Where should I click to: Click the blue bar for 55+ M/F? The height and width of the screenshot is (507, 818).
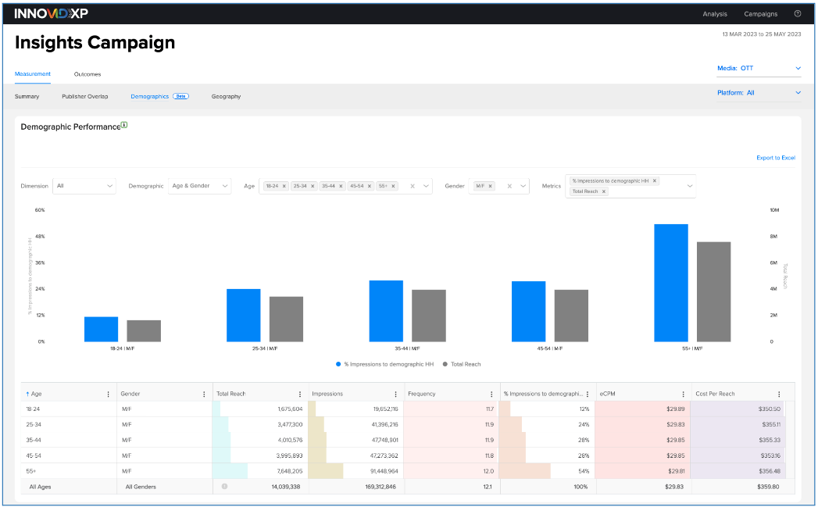(x=671, y=283)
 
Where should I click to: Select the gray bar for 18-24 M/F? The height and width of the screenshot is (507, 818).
(x=144, y=331)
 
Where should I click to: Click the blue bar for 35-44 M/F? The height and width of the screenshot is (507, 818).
(x=386, y=311)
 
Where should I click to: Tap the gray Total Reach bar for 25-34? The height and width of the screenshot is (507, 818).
(x=286, y=319)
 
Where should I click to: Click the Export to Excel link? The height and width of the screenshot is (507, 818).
(x=775, y=158)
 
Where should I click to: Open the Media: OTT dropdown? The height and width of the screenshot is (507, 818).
(x=759, y=69)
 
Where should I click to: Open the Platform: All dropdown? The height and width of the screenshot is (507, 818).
(x=759, y=93)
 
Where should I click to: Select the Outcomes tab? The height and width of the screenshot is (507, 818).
(x=87, y=74)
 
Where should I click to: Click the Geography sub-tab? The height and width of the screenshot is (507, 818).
(x=226, y=97)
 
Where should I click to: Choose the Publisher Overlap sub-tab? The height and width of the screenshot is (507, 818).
(x=84, y=97)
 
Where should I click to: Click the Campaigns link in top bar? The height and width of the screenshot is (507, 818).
(x=760, y=13)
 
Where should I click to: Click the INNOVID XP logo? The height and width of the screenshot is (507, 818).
(x=51, y=13)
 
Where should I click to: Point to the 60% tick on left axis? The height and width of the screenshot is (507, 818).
(x=39, y=210)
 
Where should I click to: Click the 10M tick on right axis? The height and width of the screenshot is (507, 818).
(x=774, y=210)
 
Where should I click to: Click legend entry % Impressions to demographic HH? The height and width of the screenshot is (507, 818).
(x=382, y=364)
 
